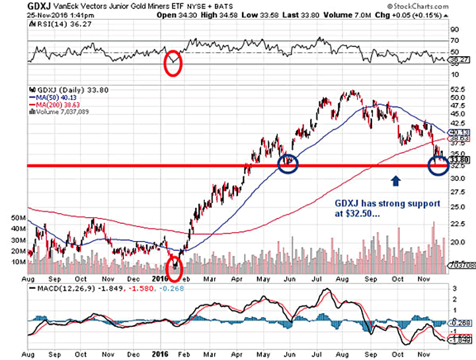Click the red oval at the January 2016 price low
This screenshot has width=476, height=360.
point(175,268)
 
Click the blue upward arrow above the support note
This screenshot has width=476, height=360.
point(395,181)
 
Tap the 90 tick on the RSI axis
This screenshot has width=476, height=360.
point(456,30)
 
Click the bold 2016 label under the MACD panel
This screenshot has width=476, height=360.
point(160,353)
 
